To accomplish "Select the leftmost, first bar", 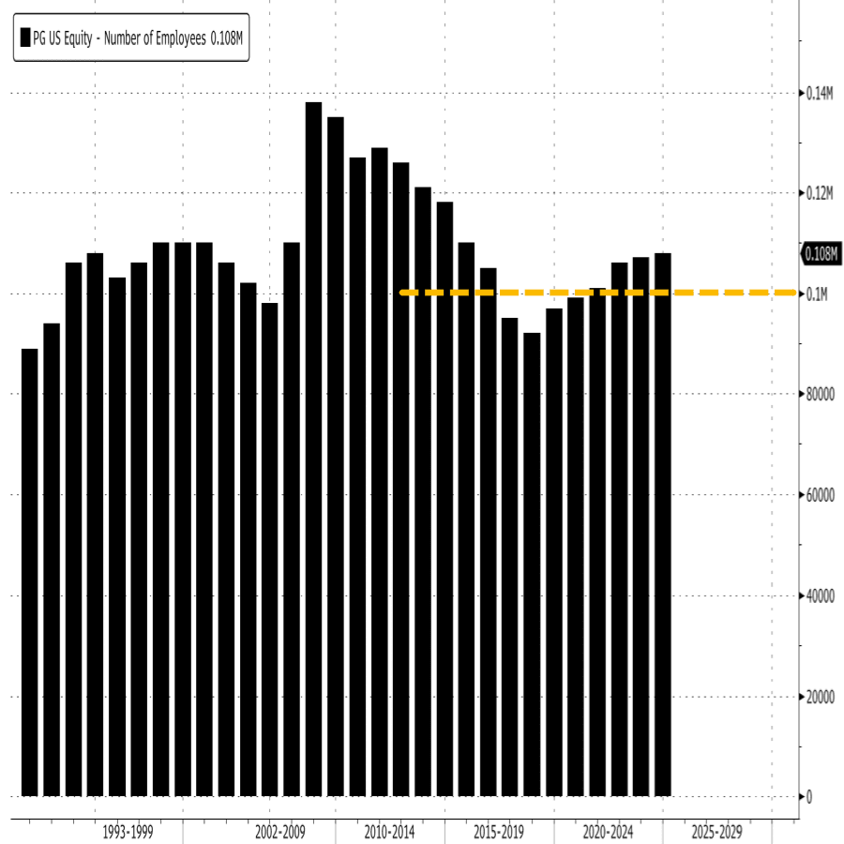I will pyautogui.click(x=29, y=572).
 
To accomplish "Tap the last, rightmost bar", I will pyautogui.click(x=663, y=524).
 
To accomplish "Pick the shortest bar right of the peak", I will pyautogui.click(x=532, y=564).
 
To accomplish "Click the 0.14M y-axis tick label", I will pyautogui.click(x=820, y=93).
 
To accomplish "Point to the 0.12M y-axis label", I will pyautogui.click(x=820, y=193).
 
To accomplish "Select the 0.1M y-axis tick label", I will pyautogui.click(x=817, y=294).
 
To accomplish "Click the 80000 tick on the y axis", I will pyautogui.click(x=821, y=395).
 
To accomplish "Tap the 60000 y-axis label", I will pyautogui.click(x=821, y=495).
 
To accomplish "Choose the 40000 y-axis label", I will pyautogui.click(x=821, y=595).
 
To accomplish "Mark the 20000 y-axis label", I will pyautogui.click(x=821, y=696).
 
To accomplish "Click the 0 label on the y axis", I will pyautogui.click(x=809, y=796).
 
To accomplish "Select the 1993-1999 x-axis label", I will pyautogui.click(x=128, y=832).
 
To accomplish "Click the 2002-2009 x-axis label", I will pyautogui.click(x=280, y=832).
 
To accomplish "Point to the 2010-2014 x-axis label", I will pyautogui.click(x=389, y=832).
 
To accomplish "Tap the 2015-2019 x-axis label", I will pyautogui.click(x=499, y=832).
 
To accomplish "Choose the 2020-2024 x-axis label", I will pyautogui.click(x=608, y=832).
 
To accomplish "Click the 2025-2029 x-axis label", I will pyautogui.click(x=716, y=832).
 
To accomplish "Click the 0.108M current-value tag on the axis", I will pyautogui.click(x=821, y=253).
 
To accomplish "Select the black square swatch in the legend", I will pyautogui.click(x=25, y=38).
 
